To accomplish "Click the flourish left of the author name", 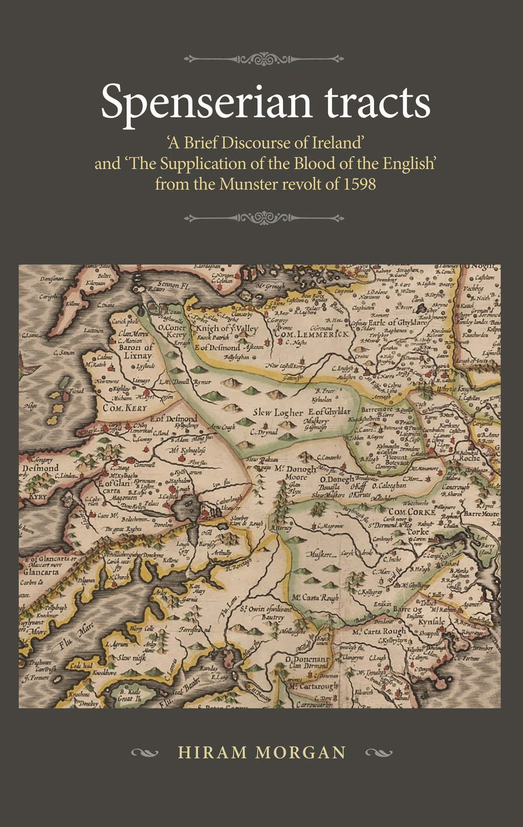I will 144,753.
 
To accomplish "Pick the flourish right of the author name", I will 379,753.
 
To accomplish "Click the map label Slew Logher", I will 278,413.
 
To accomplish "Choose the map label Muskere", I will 322,554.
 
